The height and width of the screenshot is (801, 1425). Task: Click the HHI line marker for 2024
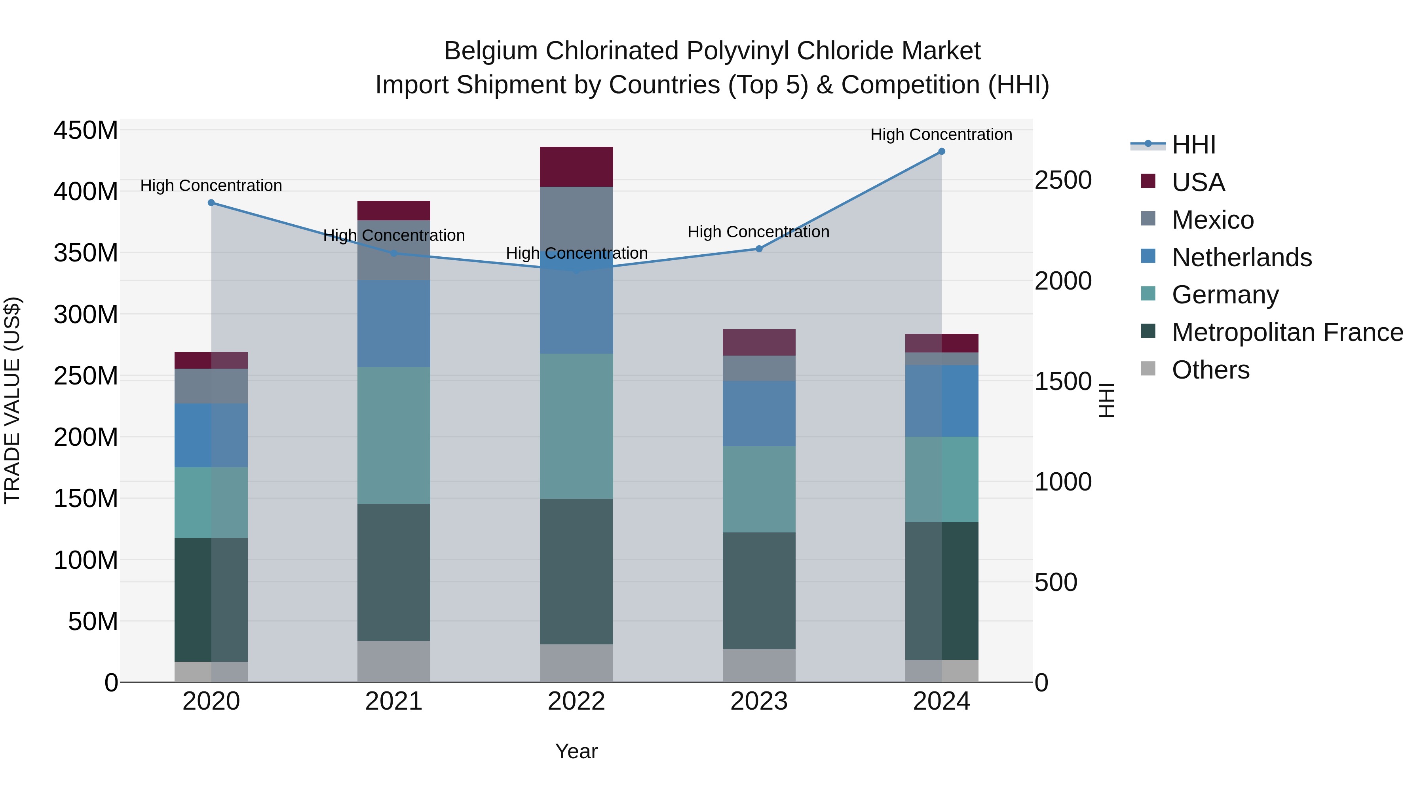pos(942,151)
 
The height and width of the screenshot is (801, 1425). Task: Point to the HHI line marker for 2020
pos(211,203)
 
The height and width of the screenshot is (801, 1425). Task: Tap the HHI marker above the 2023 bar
pos(759,249)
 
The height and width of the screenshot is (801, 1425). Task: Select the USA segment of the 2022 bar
pos(576,167)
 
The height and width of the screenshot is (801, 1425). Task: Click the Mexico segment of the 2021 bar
pos(394,250)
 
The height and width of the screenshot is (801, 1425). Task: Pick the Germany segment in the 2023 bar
pos(759,489)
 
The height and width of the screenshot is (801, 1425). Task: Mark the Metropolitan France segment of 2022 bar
pos(576,571)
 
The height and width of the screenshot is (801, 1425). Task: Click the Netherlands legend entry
pos(1241,258)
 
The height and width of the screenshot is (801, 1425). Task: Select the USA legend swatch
pos(1148,181)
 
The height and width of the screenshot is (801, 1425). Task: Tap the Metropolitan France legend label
pos(1287,333)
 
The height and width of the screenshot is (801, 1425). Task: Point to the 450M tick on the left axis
pos(86,131)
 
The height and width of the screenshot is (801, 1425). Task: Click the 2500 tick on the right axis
pos(1063,181)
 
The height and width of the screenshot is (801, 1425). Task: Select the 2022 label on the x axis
pos(576,701)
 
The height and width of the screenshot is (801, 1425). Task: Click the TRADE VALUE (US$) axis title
pos(13,400)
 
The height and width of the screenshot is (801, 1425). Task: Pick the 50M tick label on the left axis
pos(93,622)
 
